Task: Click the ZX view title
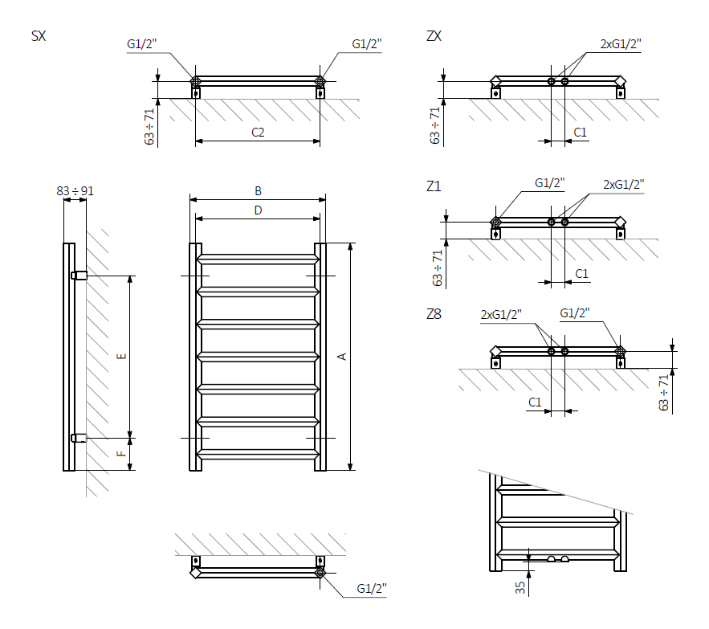point(434,36)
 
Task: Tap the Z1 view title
point(434,186)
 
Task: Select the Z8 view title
point(434,314)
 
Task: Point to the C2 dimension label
point(258,133)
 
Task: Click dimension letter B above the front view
point(258,191)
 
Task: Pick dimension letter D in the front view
point(258,210)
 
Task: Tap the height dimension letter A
point(342,355)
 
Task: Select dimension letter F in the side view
point(121,454)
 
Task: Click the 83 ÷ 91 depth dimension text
point(75,190)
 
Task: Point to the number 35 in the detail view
point(520,587)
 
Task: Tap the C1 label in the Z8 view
point(535,402)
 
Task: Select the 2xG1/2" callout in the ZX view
point(621,44)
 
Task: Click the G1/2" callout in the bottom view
point(372,589)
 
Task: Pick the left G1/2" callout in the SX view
point(142,44)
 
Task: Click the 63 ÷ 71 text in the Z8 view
point(664,392)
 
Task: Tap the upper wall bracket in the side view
point(79,276)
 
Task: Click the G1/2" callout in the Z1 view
point(550,184)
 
